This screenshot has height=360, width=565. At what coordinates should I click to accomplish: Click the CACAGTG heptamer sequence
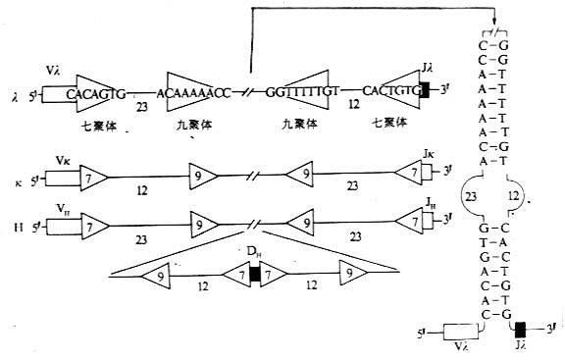coord(96,93)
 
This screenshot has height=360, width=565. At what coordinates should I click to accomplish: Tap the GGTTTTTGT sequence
coord(301,93)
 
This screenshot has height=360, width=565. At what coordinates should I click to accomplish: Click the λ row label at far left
coord(15,97)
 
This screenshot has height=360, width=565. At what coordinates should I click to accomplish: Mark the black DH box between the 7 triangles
coord(254,275)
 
